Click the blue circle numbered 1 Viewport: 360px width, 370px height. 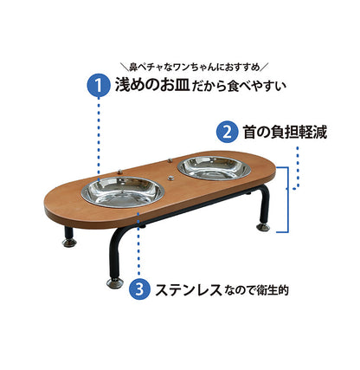(x=97, y=86)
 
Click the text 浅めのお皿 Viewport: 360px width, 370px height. (x=148, y=86)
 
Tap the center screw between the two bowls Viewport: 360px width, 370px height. (x=170, y=177)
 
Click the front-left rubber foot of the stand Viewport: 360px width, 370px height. (x=114, y=282)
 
